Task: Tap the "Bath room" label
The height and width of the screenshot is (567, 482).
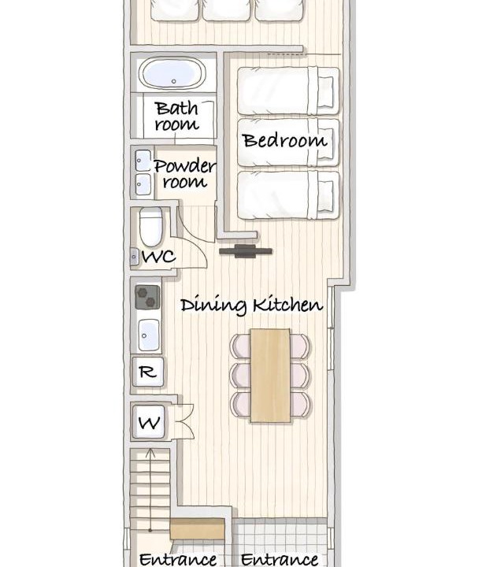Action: (177, 116)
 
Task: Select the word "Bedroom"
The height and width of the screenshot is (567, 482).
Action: (284, 141)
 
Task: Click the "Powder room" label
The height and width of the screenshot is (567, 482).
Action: (185, 173)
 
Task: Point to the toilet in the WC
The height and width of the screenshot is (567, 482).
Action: (150, 227)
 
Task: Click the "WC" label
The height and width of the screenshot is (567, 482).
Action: (159, 257)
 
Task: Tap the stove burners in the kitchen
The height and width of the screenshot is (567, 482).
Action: (147, 297)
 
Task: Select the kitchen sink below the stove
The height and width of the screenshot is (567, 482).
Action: (149, 335)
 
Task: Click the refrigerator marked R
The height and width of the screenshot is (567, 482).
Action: (147, 372)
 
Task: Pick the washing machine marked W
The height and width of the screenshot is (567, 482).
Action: (149, 422)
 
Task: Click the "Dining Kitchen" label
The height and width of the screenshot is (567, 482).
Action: (252, 306)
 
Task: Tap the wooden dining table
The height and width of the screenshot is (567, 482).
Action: (270, 376)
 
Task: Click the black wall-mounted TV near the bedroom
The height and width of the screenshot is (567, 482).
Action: (246, 251)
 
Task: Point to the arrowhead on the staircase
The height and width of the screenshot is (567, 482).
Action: (150, 452)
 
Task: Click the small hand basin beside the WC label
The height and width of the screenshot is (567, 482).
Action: (134, 257)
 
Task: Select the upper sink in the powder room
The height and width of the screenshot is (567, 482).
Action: (143, 161)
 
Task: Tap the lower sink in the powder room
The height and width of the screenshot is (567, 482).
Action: (143, 185)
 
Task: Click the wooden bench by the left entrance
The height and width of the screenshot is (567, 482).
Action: (197, 528)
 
